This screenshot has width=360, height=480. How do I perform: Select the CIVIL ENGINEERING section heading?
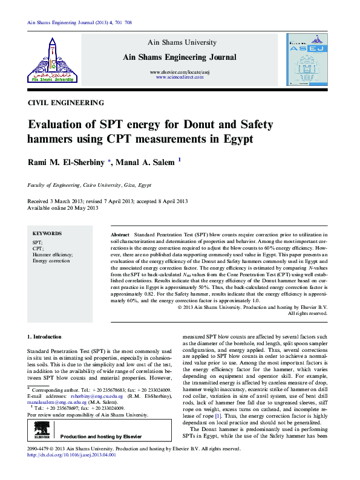point(66,103)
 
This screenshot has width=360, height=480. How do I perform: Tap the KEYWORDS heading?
point(47,233)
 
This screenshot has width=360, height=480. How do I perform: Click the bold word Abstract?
point(120,233)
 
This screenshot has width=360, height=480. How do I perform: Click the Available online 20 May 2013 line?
point(62,207)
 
